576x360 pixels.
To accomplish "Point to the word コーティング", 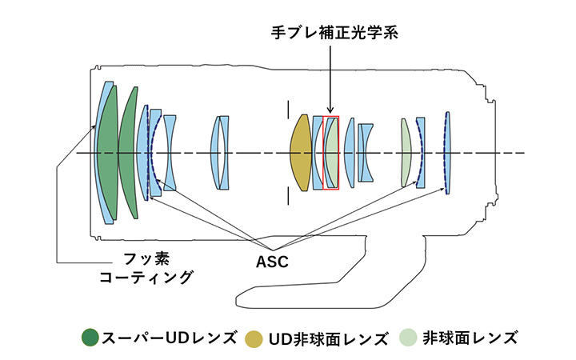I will (146, 278).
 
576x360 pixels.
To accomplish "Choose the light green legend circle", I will (409, 337).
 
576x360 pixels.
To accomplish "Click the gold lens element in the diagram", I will (301, 153).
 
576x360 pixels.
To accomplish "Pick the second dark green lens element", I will (129, 152).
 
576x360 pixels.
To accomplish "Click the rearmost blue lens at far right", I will (447, 153).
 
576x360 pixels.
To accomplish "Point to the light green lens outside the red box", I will (406, 152).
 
